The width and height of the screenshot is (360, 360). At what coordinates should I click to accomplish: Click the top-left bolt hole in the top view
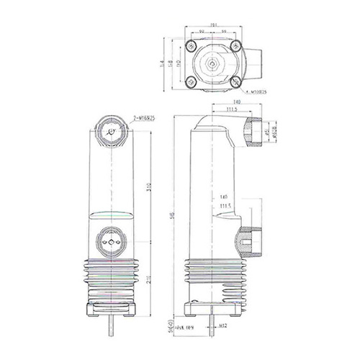(190, 47)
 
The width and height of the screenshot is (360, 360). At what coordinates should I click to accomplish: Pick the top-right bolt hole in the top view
(234, 47)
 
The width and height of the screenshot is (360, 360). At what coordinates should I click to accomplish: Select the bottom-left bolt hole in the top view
(190, 81)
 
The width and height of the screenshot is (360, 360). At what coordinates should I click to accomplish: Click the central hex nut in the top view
(212, 63)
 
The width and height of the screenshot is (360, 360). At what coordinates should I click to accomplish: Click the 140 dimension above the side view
(236, 102)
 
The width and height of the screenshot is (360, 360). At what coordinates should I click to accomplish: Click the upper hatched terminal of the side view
(252, 132)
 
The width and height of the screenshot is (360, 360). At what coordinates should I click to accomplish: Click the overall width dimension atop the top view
(213, 27)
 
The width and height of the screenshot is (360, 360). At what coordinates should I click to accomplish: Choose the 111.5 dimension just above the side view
(232, 109)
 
